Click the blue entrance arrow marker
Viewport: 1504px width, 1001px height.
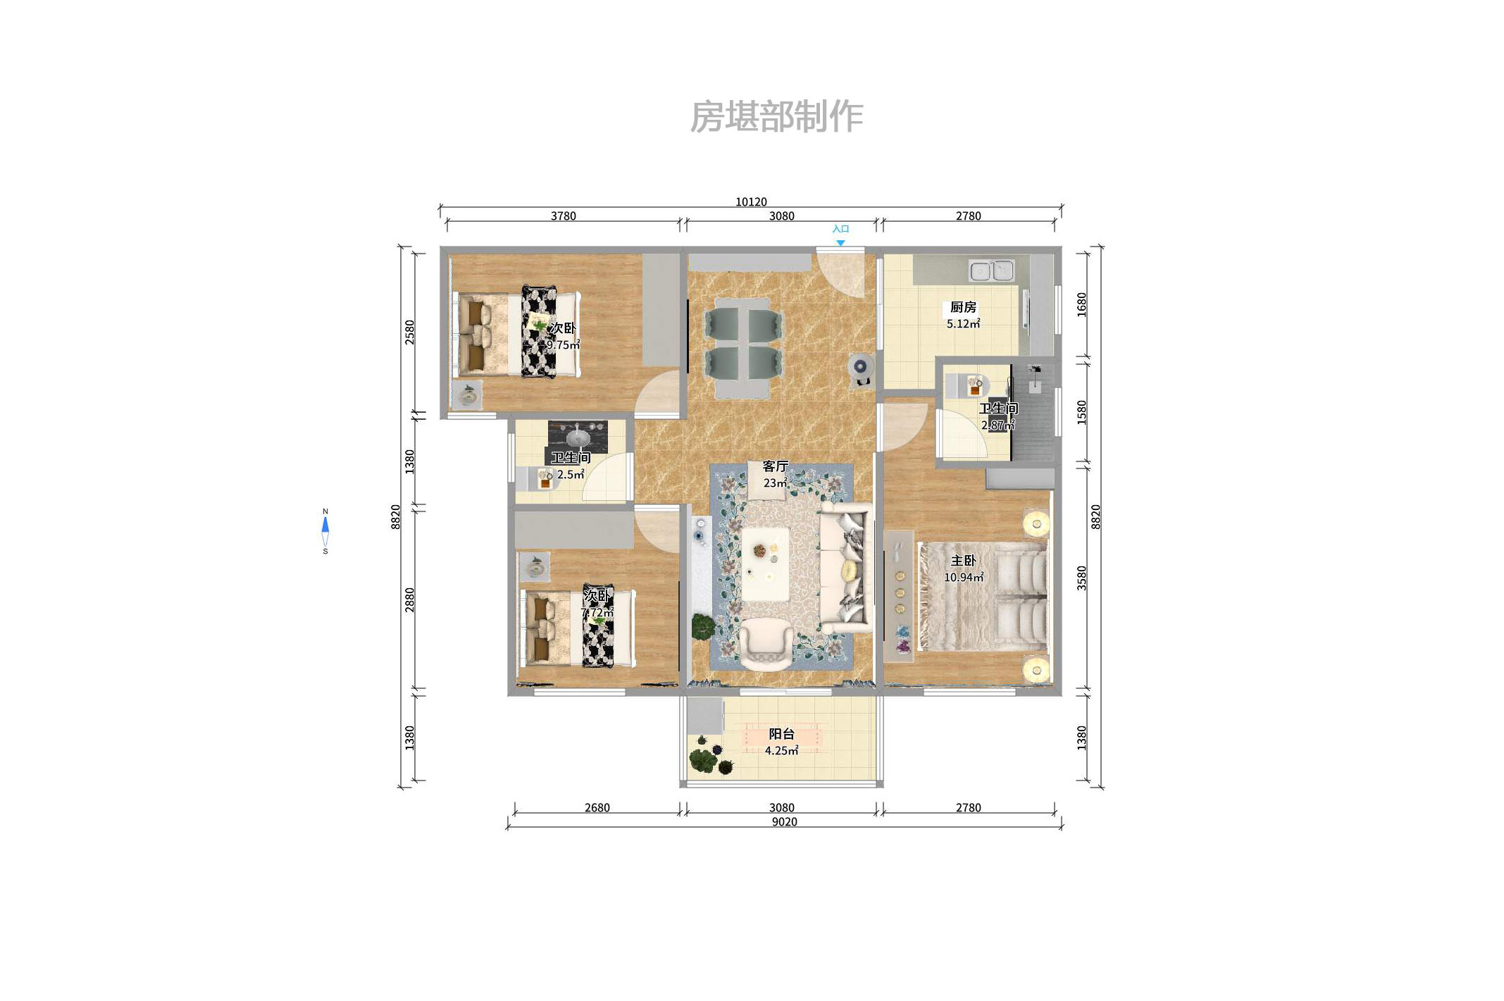840,243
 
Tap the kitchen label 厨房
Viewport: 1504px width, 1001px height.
963,307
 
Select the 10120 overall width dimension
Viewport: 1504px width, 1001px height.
751,201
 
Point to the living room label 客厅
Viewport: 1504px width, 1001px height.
775,466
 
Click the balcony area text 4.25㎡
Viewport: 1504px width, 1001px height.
781,751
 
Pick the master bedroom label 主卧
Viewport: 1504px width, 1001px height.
963,561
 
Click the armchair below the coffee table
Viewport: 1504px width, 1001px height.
766,644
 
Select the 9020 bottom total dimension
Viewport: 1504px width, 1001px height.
784,822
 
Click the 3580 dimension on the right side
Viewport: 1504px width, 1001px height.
1081,578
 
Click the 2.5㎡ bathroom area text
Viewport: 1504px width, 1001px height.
571,475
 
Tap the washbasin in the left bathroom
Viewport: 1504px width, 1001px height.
578,437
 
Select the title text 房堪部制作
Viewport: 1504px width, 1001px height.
776,116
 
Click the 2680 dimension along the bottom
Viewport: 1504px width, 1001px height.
597,808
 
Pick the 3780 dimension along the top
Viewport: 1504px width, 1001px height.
563,216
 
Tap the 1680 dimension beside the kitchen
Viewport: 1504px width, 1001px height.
1081,304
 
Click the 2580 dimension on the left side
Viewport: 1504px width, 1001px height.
409,332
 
